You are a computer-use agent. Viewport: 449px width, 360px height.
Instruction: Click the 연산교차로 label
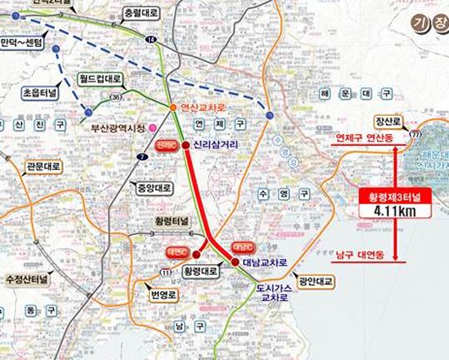(203, 108)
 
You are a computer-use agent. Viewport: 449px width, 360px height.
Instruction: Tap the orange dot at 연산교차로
(173, 108)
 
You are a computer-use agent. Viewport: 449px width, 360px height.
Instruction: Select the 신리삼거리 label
(213, 144)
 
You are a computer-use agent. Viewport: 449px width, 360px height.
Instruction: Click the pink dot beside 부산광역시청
(152, 127)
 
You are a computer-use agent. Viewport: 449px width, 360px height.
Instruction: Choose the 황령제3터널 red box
(394, 196)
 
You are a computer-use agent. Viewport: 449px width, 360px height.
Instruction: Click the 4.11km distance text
(394, 211)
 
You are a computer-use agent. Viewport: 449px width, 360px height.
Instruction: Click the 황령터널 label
(172, 221)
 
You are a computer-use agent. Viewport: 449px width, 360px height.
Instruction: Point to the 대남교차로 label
(265, 262)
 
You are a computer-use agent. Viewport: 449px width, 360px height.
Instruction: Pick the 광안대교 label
(316, 282)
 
